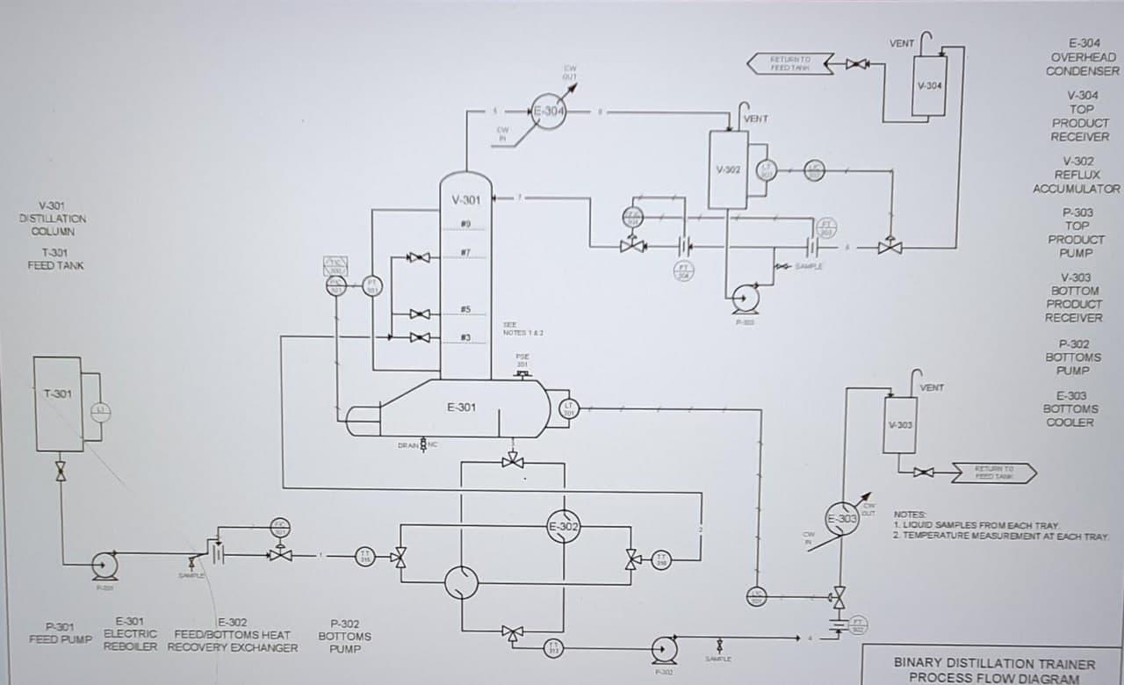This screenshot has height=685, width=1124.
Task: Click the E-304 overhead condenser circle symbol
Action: click(x=549, y=112)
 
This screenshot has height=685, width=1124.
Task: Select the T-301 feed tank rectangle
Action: click(x=57, y=404)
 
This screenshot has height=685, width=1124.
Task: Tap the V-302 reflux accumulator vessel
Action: click(x=727, y=169)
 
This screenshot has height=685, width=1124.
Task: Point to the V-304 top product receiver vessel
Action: click(x=929, y=85)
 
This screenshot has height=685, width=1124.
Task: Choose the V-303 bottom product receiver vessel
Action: click(x=900, y=425)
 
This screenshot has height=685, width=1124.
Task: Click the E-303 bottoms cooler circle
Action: click(x=841, y=518)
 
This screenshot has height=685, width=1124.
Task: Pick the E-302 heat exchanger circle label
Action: click(x=562, y=528)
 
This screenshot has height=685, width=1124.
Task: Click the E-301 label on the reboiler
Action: click(x=461, y=407)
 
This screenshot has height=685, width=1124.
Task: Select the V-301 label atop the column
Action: click(x=466, y=200)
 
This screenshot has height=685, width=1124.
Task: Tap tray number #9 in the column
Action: click(x=466, y=225)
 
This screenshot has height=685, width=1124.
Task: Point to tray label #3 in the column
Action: click(x=466, y=337)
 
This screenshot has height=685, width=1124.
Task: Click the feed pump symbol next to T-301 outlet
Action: click(x=104, y=564)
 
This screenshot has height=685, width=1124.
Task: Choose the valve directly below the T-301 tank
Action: click(x=61, y=471)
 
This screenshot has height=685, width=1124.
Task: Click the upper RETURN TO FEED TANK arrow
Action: click(x=789, y=63)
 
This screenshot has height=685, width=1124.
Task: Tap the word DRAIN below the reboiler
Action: click(x=407, y=446)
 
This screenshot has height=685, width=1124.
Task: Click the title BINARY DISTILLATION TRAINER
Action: click(x=994, y=664)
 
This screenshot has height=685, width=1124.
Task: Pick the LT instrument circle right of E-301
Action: click(x=568, y=408)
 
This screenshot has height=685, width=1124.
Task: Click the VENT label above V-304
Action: click(x=901, y=43)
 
